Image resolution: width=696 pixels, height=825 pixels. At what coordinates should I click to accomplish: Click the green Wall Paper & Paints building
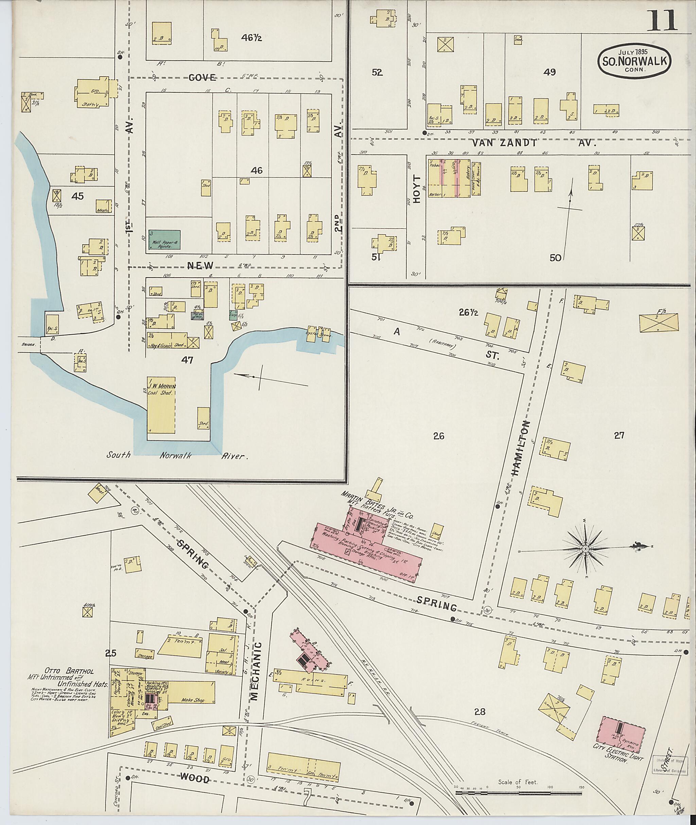164,239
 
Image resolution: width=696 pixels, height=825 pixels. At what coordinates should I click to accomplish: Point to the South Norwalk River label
177,456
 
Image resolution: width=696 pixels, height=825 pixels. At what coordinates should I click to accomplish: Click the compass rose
586,549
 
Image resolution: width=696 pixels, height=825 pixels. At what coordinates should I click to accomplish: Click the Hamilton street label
521,453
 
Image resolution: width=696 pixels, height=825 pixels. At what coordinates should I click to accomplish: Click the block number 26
438,436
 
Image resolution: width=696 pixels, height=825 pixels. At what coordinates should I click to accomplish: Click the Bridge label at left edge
28,344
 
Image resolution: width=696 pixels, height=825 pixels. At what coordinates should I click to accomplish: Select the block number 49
549,72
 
